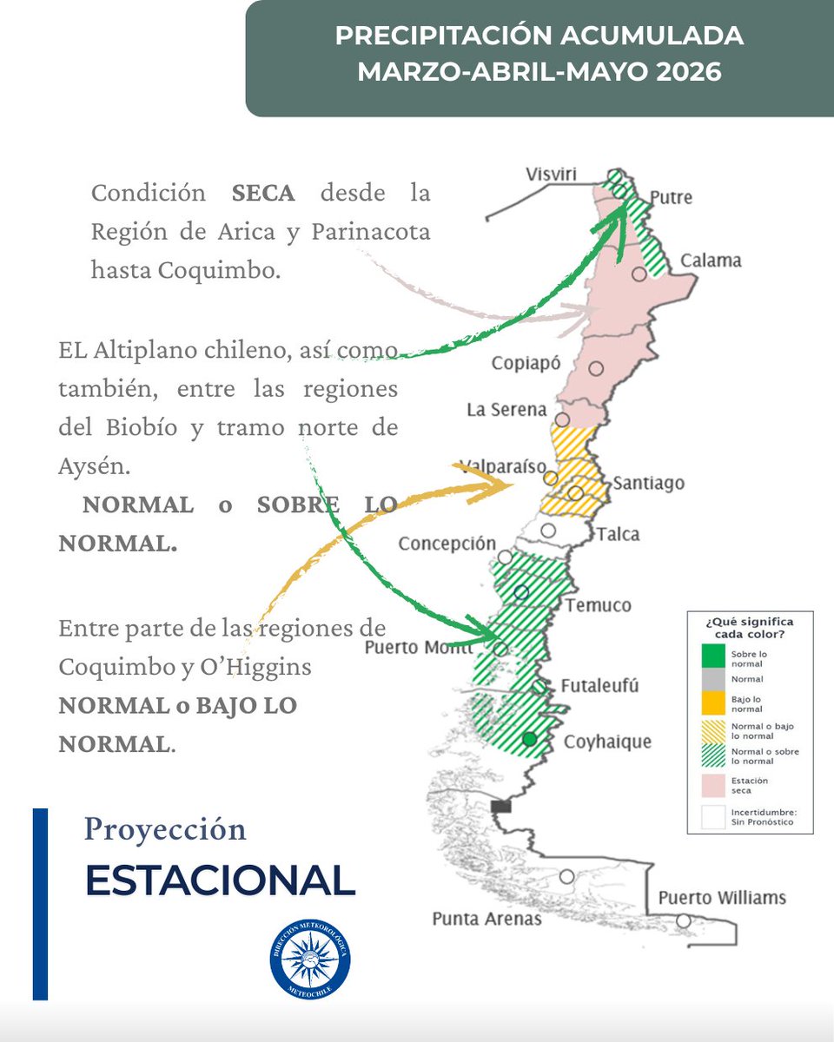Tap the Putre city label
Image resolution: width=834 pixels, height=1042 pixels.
[x=671, y=197]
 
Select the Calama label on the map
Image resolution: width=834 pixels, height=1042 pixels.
[x=710, y=260]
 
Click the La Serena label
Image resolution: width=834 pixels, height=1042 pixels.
[x=506, y=408]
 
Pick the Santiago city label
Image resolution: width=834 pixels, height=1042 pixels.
[x=649, y=483]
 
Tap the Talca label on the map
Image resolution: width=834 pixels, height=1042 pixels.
[x=618, y=533]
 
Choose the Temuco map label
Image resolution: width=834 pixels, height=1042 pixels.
[x=599, y=604]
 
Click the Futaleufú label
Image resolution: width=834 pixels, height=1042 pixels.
[x=599, y=686]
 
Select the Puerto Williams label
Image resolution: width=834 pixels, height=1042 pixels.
[x=722, y=897]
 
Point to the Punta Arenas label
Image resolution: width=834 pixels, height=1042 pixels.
[x=486, y=919]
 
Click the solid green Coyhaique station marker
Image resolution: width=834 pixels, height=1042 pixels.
[x=529, y=740]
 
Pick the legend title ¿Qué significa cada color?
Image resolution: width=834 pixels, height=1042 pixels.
[x=750, y=627]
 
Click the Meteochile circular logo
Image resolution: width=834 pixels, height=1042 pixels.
[x=310, y=956]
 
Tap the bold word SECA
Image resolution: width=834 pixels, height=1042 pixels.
[x=263, y=192]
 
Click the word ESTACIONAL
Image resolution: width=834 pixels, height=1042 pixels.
[x=220, y=880]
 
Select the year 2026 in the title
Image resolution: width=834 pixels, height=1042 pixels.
[x=689, y=70]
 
